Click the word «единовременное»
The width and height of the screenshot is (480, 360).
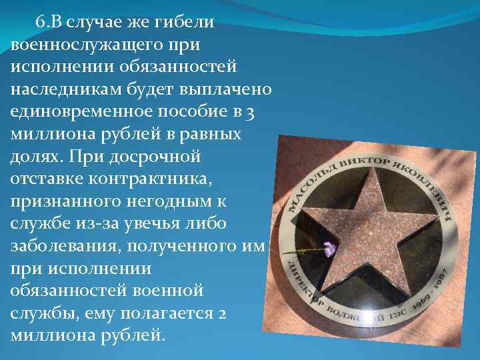[81, 111]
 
